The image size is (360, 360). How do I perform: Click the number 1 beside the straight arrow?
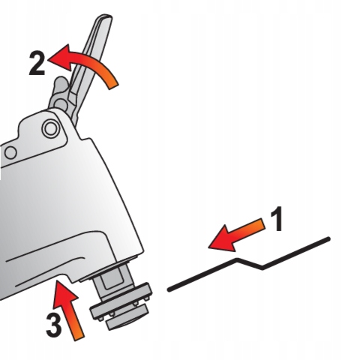pyautogui.click(x=277, y=219)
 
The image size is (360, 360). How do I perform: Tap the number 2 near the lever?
pyautogui.click(x=37, y=63)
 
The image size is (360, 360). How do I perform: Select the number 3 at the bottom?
pyautogui.click(x=54, y=325)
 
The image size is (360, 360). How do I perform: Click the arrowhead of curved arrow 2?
pyautogui.click(x=60, y=58)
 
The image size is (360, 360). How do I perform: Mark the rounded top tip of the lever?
pyautogui.click(x=105, y=18)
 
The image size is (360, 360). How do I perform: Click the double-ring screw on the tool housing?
pyautogui.click(x=51, y=128)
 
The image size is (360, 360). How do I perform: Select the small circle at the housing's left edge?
pyautogui.click(x=10, y=153)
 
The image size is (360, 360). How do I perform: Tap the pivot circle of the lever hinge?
pyautogui.click(x=61, y=103)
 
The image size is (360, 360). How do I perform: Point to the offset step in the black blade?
pyautogui.click(x=250, y=264)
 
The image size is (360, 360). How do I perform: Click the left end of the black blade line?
pyautogui.click(x=169, y=290)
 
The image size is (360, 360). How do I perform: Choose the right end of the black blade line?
pyautogui.click(x=328, y=239)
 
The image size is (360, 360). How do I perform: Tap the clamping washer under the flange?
pyautogui.click(x=127, y=319)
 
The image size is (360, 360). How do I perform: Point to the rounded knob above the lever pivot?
pyautogui.click(x=61, y=83)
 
